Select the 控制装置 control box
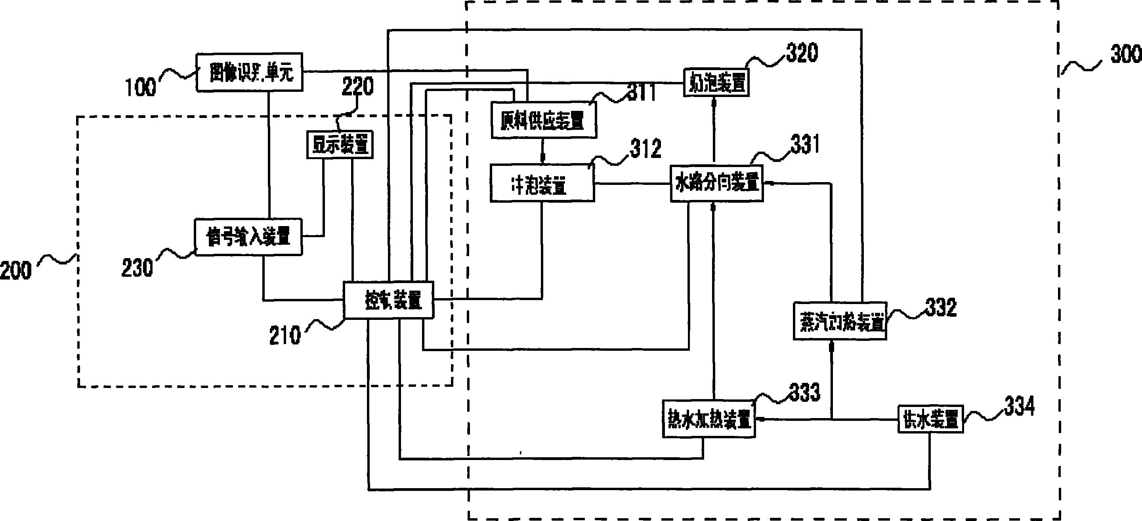click(389, 300)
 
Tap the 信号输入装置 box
click(249, 237)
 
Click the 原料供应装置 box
click(544, 120)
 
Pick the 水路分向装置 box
click(716, 183)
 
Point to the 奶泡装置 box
click(716, 82)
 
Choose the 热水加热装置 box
click(708, 419)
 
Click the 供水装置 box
click(930, 419)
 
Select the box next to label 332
click(839, 321)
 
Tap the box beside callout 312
click(542, 183)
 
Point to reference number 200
click(16, 270)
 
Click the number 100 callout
click(141, 87)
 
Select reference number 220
click(357, 86)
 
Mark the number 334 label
click(1020, 406)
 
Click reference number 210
click(285, 335)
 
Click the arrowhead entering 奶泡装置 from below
click(714, 102)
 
